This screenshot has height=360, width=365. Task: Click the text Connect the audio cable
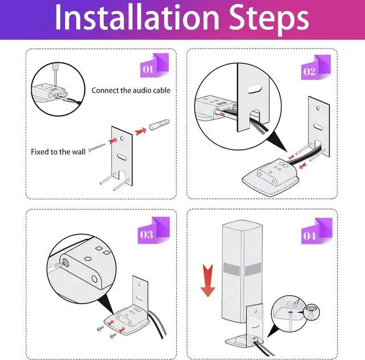pyautogui.click(x=131, y=90)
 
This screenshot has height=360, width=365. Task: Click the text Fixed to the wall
pyautogui.click(x=58, y=152)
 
